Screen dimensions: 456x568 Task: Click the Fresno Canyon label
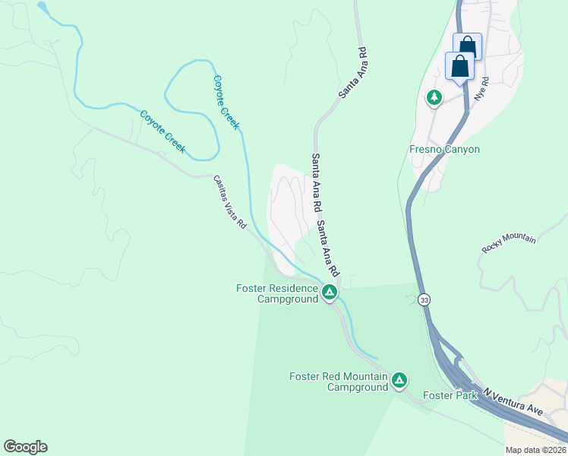tap(445, 149)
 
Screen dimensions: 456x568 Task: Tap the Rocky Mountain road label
tap(509, 244)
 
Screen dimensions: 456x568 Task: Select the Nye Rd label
tap(479, 91)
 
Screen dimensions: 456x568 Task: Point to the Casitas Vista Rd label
tap(230, 202)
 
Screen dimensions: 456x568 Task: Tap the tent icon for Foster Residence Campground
tap(329, 291)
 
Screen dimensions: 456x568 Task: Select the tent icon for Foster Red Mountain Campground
tap(399, 379)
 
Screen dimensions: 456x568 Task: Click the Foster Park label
tap(450, 395)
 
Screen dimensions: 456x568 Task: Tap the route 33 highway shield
tap(424, 299)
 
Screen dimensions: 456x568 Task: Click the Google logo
tap(25, 447)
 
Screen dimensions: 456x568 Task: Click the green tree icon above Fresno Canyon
tap(434, 97)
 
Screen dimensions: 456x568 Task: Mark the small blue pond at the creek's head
tap(42, 8)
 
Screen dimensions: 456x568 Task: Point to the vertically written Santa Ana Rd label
tap(315, 185)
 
